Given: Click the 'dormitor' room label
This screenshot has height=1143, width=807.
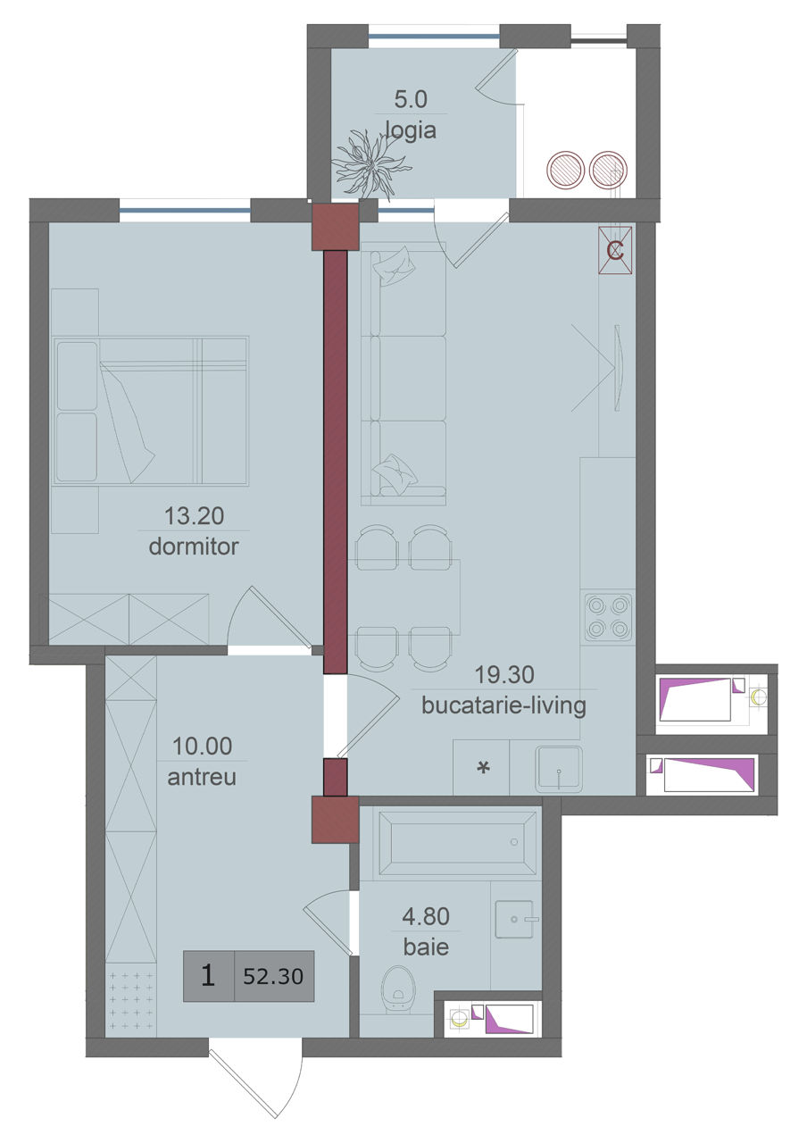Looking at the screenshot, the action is coord(194,546).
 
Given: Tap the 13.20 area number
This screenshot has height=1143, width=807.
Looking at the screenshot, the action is coord(194,516).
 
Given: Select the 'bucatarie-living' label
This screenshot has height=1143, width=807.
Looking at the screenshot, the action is coord(504,706).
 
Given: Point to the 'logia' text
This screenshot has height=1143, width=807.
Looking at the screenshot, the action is coord(411,130).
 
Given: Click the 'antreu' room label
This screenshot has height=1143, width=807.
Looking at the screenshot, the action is coord(202,777).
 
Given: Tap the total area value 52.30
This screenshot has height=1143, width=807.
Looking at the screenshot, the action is coord(273,976).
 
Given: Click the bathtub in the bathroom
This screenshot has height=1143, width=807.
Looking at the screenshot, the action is coord(457,842).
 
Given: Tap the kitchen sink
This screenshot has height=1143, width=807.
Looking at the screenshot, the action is coord(559,769).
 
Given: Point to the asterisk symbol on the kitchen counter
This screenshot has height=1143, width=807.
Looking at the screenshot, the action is coord(483,767).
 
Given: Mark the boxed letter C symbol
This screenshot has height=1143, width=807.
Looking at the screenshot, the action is coord(615,251).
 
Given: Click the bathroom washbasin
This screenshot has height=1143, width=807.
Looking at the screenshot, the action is coord(514,919).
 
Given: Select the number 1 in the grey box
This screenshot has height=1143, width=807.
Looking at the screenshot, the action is coord(208,976).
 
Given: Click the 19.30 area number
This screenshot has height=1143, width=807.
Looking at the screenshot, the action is coord(504,674).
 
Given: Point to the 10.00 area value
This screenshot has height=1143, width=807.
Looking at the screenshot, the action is coord(202,746).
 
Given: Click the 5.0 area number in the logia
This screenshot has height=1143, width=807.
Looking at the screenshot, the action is coord(411,99).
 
